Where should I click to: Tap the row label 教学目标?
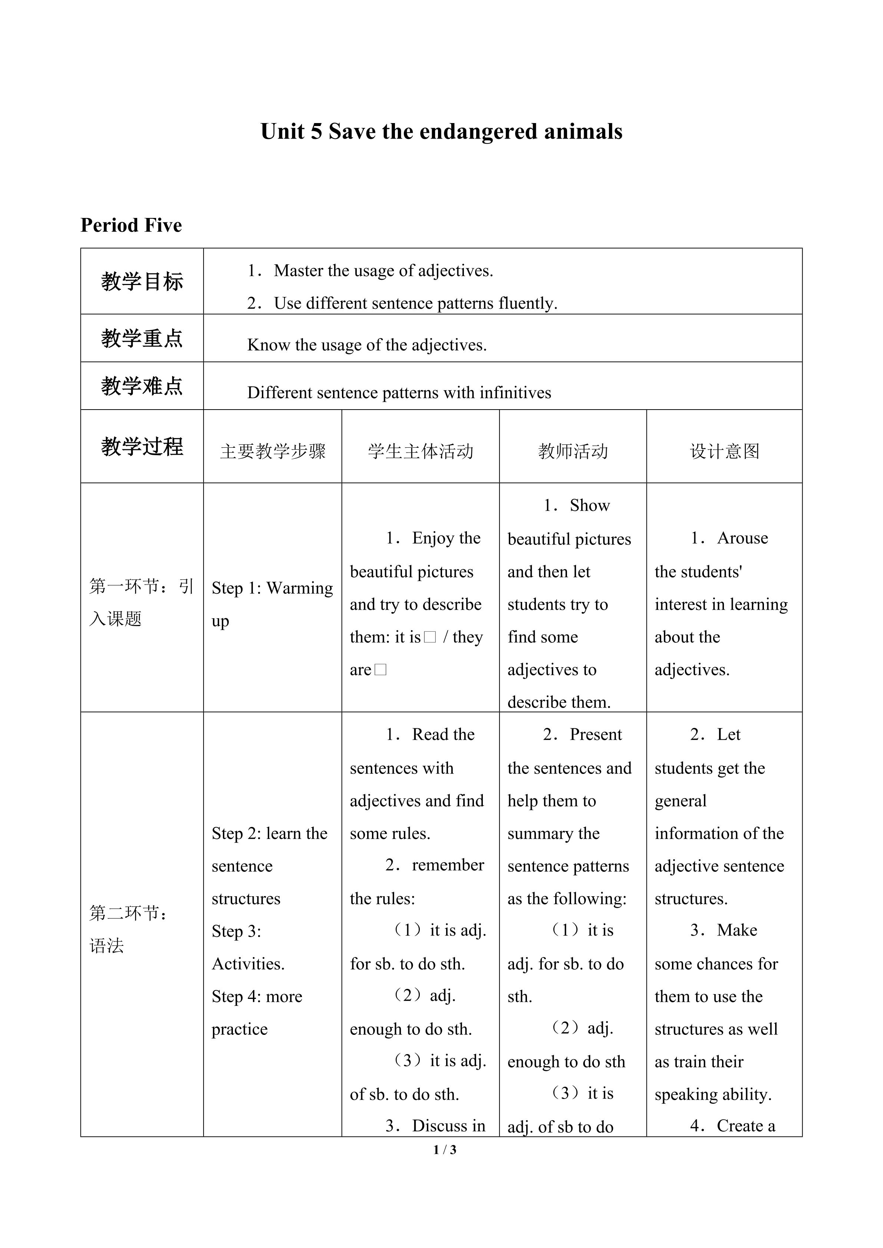[142, 282]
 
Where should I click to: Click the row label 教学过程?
[142, 447]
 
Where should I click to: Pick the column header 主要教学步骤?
[273, 451]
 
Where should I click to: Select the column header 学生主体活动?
[420, 451]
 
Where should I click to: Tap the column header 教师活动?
[573, 451]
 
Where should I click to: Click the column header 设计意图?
[724, 451]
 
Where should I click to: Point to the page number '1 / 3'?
[445, 1150]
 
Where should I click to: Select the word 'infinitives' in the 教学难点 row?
[515, 393]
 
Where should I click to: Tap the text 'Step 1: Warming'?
[272, 588]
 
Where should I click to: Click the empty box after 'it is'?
[429, 637]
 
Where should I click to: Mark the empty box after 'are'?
[380, 670]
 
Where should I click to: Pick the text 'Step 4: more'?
[257, 996]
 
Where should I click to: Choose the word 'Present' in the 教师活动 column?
[595, 734]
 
